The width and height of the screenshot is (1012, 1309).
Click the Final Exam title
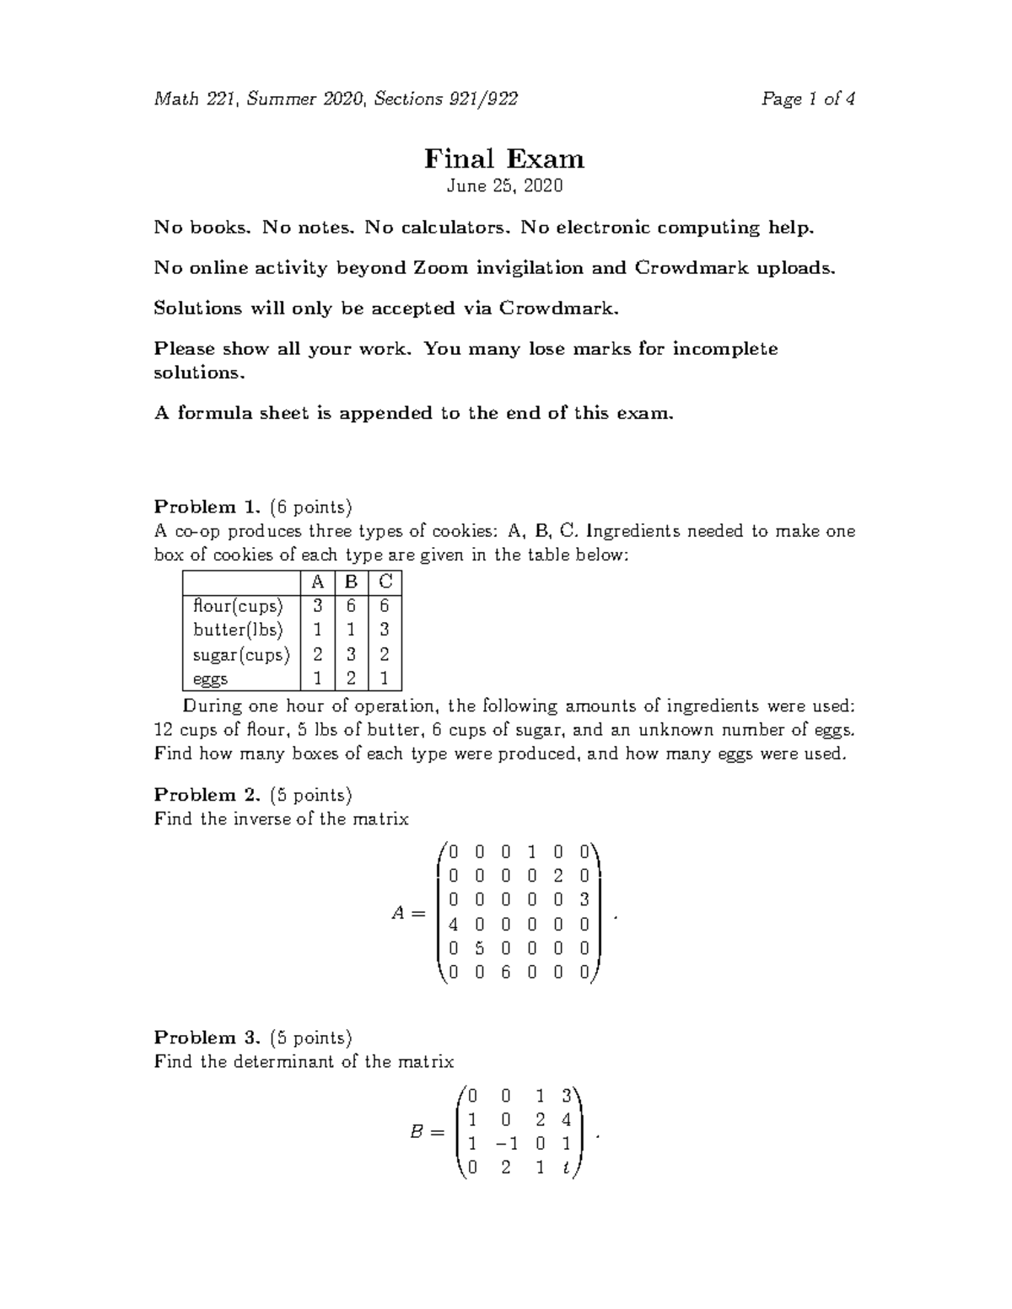[504, 158]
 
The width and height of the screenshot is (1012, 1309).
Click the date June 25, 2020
[504, 185]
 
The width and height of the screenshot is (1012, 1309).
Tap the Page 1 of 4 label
[808, 99]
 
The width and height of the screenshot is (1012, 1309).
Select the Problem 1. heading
[207, 507]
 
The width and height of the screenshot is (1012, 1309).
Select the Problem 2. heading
[207, 795]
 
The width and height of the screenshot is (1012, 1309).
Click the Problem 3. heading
[207, 1038]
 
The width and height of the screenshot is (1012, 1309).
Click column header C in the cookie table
[385, 582]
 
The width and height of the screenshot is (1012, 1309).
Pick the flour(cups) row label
[238, 605]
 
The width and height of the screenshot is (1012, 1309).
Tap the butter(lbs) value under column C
[385, 630]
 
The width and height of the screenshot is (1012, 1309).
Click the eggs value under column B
[351, 679]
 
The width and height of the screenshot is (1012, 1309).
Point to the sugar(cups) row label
[241, 654]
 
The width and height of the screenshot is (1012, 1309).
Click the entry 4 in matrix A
[454, 924]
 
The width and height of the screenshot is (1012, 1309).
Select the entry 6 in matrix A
[506, 972]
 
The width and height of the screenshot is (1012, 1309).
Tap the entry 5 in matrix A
[479, 947]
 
